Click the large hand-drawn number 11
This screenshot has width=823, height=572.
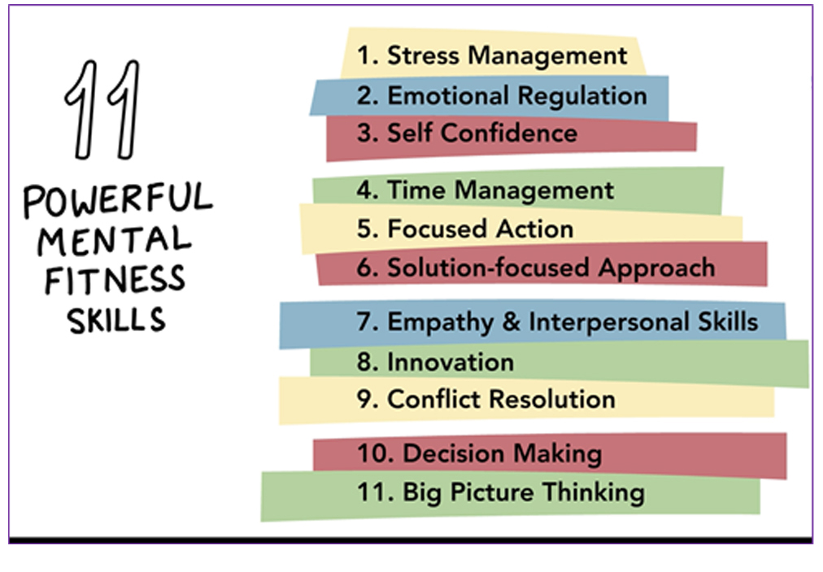click(x=102, y=109)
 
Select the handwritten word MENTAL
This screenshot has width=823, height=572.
click(x=115, y=240)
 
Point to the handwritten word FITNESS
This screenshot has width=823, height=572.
click(x=115, y=279)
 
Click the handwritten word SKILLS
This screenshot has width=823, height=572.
click(x=116, y=319)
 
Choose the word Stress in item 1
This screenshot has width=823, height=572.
click(x=423, y=55)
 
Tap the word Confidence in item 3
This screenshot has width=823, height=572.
click(x=508, y=133)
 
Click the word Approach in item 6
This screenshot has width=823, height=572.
click(x=656, y=269)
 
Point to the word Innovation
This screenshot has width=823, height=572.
click(x=451, y=362)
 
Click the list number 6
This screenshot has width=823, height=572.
click(x=367, y=268)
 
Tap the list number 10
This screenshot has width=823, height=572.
click(x=375, y=453)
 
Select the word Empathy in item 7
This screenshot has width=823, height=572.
click(x=440, y=322)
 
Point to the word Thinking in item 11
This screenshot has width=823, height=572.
click(x=594, y=493)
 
